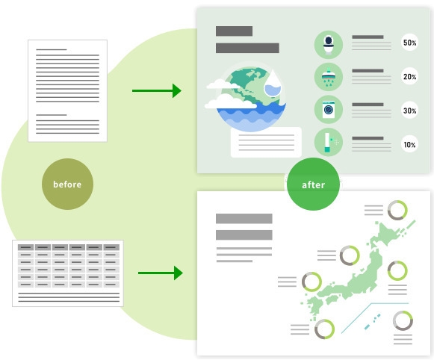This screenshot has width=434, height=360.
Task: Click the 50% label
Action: click(x=409, y=43)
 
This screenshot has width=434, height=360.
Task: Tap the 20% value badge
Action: click(x=409, y=76)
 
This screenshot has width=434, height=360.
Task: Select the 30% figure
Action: click(x=409, y=111)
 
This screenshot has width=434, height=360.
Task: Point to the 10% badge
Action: click(x=409, y=144)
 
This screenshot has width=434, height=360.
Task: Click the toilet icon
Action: click(x=329, y=45)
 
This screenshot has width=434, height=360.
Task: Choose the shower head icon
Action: click(x=329, y=77)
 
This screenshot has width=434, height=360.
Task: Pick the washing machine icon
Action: click(x=329, y=110)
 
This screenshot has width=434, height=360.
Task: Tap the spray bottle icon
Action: click(x=329, y=142)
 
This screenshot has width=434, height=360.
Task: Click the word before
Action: click(x=67, y=184)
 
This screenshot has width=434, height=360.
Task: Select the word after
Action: click(x=313, y=184)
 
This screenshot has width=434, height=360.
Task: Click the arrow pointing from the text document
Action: click(x=157, y=90)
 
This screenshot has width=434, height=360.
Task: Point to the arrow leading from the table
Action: click(x=161, y=273)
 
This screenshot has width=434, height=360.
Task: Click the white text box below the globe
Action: click(x=266, y=142)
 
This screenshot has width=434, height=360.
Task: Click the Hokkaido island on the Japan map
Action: click(x=388, y=234)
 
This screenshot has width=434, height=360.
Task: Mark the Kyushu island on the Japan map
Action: click(x=315, y=305)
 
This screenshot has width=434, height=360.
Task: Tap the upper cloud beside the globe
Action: click(x=222, y=84)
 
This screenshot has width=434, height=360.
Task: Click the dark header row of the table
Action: click(x=69, y=247)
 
